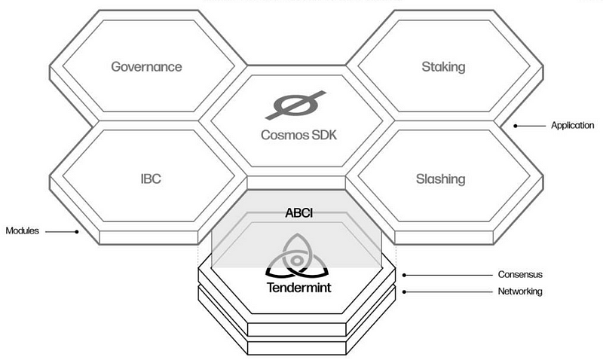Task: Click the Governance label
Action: coord(146,66)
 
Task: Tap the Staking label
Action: coord(443,66)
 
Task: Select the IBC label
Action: coord(151,179)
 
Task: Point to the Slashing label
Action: coord(441,179)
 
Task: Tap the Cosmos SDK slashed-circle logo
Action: coord(295,105)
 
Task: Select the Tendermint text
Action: coord(299,288)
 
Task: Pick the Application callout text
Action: coord(573,126)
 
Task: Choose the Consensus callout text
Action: coord(521,275)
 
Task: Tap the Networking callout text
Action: coord(520,291)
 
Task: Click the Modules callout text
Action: coord(23,230)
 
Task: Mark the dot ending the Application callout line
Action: coord(516,126)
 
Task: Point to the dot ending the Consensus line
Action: coord(406,275)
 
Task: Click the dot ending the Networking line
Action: coord(406,291)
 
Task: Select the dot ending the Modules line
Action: coord(76,231)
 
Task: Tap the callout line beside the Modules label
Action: coord(59,231)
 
